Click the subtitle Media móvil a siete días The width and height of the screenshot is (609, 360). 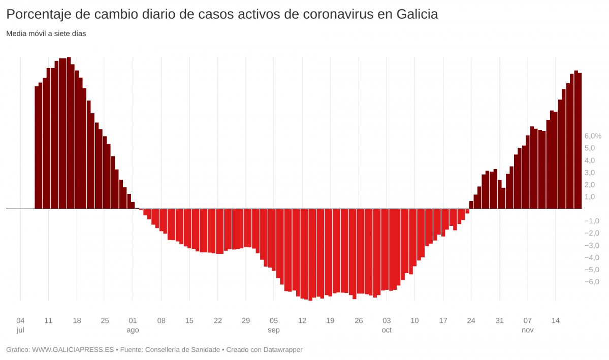tap(46, 34)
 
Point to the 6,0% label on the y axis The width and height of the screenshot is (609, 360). tap(593, 136)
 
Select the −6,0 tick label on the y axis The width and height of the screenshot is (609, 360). tap(592, 282)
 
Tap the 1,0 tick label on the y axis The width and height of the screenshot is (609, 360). tap(590, 197)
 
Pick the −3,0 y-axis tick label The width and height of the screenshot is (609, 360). tap(592, 245)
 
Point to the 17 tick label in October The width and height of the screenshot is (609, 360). tap(443, 321)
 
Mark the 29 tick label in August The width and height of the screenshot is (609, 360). tap(246, 321)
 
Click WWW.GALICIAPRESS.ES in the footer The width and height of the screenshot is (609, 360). tap(73, 350)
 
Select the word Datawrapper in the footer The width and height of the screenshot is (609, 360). tap(282, 350)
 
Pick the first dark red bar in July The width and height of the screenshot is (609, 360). tap(37, 147)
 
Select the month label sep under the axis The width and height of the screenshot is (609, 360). tap(274, 330)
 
